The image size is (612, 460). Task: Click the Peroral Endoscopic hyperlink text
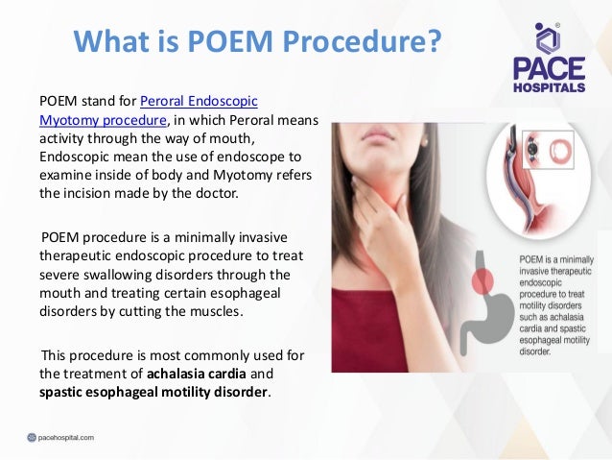click(199, 101)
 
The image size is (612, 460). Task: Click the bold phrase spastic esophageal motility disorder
click(154, 392)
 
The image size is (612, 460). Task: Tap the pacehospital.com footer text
click(67, 437)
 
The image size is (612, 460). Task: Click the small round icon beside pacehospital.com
click(32, 437)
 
